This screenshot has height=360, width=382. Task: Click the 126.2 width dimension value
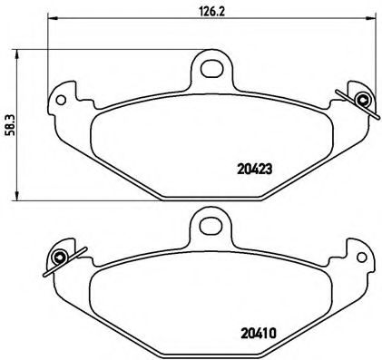(211, 11)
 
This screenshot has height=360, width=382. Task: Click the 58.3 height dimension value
(11, 125)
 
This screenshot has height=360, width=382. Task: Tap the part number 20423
(255, 170)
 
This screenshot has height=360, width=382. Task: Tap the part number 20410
(259, 334)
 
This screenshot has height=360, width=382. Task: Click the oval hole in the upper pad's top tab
(211, 68)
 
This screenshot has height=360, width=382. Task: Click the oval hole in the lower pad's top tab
(211, 226)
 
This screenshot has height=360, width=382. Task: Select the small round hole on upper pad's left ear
(61, 100)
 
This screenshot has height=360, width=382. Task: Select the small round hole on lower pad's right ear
(361, 258)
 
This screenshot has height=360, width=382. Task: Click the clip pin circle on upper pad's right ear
(363, 99)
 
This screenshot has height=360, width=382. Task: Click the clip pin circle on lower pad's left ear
(59, 258)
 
